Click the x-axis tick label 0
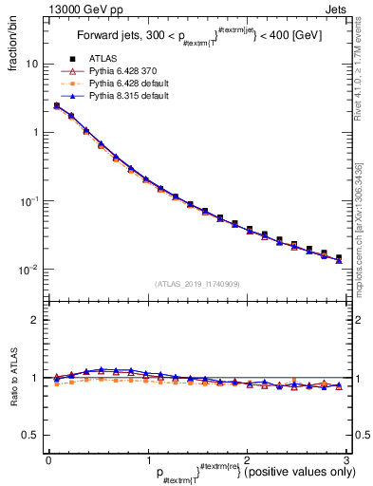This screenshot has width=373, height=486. click(48, 459)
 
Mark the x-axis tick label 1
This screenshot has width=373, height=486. click(147, 459)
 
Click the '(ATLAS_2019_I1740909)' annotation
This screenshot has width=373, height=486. click(196, 284)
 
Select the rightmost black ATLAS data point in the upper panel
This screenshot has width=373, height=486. click(339, 257)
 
